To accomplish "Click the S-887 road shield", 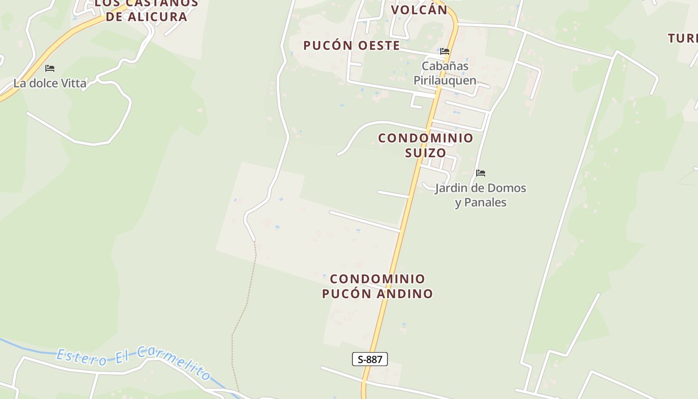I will (x=369, y=359).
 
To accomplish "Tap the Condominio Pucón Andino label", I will (x=377, y=286).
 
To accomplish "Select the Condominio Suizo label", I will (x=425, y=145).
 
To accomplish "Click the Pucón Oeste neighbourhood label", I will (x=351, y=45).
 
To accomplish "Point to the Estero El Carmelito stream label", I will (x=134, y=361).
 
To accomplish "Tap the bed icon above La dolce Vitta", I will (x=50, y=68).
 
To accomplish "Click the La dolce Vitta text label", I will (x=50, y=83).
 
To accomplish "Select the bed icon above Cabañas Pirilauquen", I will (x=444, y=51).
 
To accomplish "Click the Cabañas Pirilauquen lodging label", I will (x=445, y=73).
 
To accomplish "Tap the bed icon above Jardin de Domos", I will (x=481, y=173).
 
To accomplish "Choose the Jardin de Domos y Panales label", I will (x=481, y=195).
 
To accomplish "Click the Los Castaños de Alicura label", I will (x=146, y=10).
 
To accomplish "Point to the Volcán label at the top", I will (x=419, y=10).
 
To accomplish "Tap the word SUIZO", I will (x=425, y=153).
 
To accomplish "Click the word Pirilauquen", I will (x=445, y=81).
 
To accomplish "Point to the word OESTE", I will (x=378, y=45).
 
